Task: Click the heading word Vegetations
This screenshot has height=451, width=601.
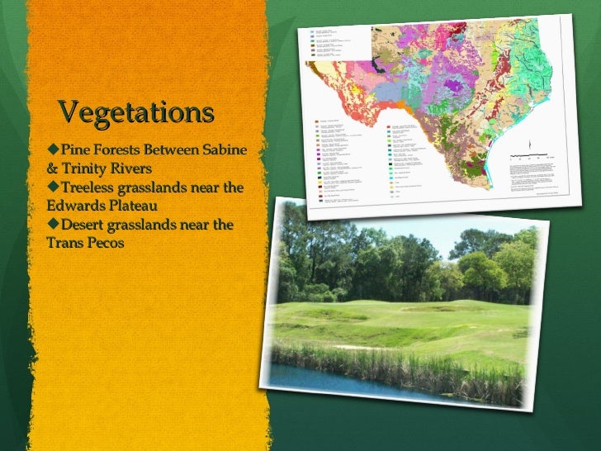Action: pos(136,112)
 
